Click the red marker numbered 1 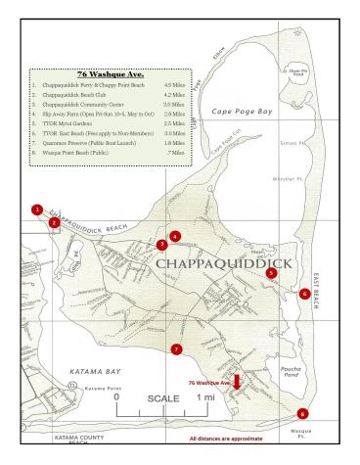[x=37, y=209]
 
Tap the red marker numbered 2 [x=54, y=222]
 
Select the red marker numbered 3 [x=161, y=245]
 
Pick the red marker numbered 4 [x=175, y=236]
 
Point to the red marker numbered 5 [x=271, y=274]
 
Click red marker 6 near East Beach [x=305, y=293]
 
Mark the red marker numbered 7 [x=176, y=349]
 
